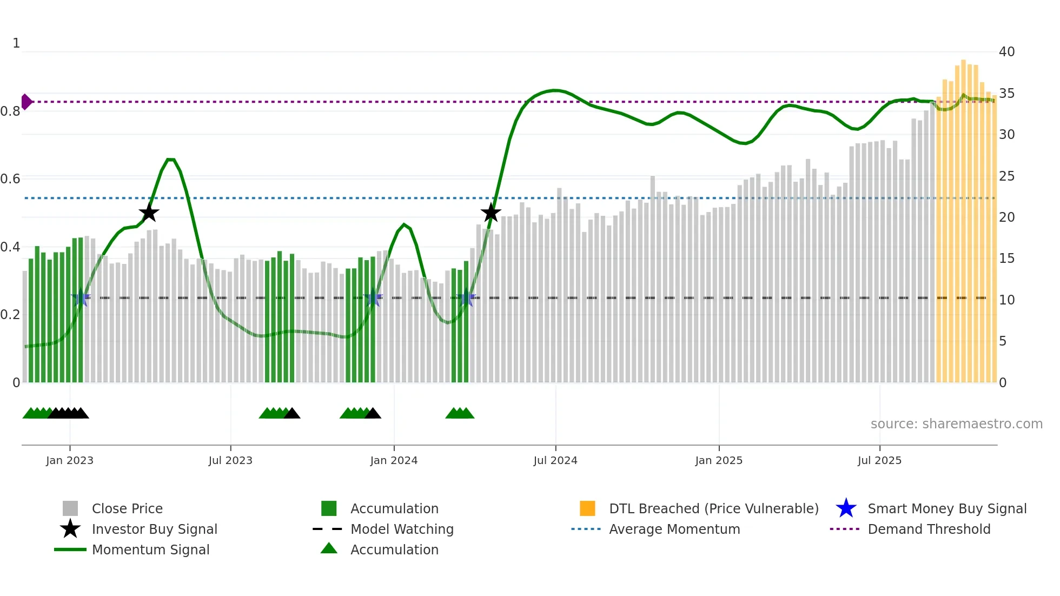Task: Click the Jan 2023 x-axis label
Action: [70, 460]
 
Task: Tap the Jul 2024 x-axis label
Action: [555, 460]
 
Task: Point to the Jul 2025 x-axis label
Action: [879, 460]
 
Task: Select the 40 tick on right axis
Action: [1006, 52]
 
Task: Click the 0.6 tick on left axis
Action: [10, 178]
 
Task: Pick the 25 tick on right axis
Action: [1006, 176]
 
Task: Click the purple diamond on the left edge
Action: [26, 102]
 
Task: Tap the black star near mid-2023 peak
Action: [149, 213]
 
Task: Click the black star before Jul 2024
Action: [491, 213]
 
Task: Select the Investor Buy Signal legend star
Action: [70, 529]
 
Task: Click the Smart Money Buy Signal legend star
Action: [846, 508]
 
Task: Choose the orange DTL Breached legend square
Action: [587, 508]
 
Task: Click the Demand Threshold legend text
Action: [929, 529]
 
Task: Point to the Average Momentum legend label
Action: [674, 529]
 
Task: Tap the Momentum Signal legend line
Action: [70, 549]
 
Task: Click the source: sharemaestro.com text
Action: [956, 424]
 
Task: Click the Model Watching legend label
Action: [402, 529]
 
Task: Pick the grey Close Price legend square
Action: [70, 508]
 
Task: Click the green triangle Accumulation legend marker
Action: [329, 549]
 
